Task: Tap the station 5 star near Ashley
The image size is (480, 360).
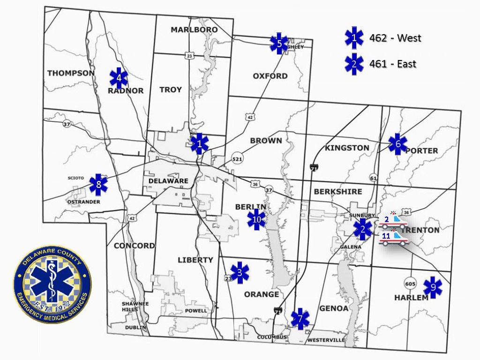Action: tap(279, 44)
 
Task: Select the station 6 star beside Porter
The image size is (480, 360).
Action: tap(397, 144)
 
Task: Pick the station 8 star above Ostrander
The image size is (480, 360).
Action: tap(98, 185)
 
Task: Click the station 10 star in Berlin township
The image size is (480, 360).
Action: tap(256, 219)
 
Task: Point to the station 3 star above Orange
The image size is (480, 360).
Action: tap(240, 272)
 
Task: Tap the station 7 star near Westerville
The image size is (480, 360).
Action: tap(300, 319)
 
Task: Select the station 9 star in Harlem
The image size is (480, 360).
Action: tap(433, 287)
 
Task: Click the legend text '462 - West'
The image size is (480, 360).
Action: tap(395, 38)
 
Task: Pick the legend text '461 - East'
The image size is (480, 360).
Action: tap(392, 64)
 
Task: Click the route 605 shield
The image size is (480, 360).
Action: tap(410, 284)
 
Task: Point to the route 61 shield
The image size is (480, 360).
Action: tap(373, 178)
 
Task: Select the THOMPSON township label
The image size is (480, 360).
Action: tap(71, 73)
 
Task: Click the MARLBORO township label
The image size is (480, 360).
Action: tap(194, 30)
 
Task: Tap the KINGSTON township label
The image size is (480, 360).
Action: tap(347, 148)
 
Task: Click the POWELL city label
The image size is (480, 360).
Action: tap(196, 310)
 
